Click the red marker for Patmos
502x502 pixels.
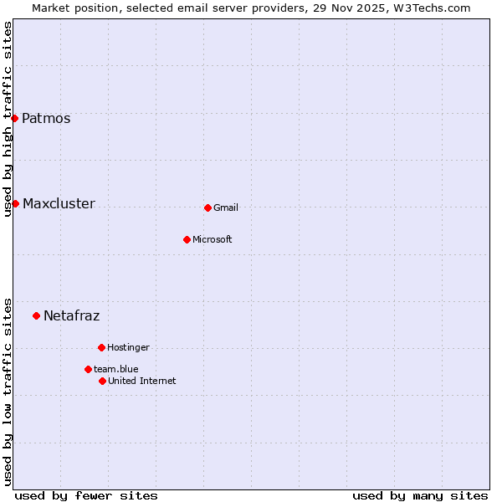pos(14,118)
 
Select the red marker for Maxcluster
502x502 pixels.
pos(15,203)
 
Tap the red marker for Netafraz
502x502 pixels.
pos(36,315)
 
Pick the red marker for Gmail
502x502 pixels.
pos(207,207)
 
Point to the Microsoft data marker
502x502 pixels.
pos(187,239)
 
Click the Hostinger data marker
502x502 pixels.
pos(101,347)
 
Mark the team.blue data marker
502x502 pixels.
pos(88,369)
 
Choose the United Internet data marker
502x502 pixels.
pos(102,381)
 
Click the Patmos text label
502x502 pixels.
pos(46,118)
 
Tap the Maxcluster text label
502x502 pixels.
pos(59,203)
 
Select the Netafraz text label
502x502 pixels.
pos(71,315)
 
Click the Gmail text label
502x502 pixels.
pos(226,207)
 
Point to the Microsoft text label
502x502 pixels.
pos(213,239)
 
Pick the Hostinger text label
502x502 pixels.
pos(128,347)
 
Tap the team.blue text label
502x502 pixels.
pos(116,369)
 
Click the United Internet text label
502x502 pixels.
pos(142,381)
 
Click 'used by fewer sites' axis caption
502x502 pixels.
pos(86,495)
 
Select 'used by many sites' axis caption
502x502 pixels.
pos(420,495)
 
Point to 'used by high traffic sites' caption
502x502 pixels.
pos(8,119)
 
